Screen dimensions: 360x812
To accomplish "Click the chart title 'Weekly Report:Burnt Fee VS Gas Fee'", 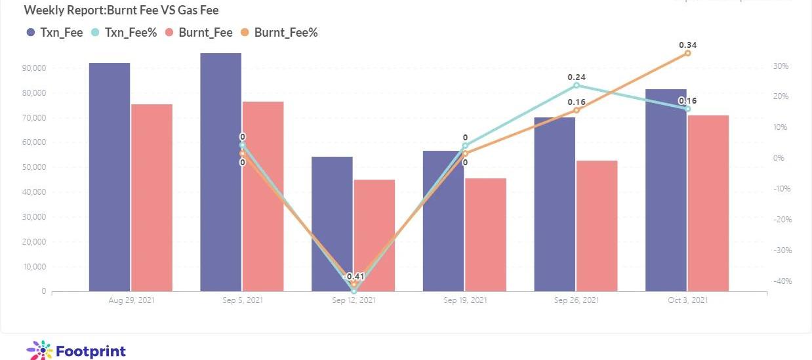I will [121, 10].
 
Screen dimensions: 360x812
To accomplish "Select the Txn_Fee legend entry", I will [55, 32].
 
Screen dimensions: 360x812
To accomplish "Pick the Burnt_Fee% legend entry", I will [279, 32].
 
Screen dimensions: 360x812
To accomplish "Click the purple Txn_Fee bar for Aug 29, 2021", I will [110, 177].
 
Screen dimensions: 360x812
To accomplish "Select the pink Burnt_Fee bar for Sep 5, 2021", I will [263, 196].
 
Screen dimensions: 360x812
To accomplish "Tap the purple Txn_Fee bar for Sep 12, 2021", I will [332, 224].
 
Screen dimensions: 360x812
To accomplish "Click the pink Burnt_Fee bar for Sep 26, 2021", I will [597, 226].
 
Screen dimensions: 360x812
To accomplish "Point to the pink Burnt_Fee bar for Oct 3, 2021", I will [708, 203].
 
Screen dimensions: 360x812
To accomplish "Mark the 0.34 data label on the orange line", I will [687, 45].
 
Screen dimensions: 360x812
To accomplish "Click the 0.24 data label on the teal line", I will [577, 77].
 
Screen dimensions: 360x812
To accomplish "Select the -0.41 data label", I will [354, 276].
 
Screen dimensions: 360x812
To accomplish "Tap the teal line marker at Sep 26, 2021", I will [577, 85].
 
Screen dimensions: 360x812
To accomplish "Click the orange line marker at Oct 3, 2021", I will [687, 53].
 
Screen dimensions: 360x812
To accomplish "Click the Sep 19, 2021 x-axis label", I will [465, 300].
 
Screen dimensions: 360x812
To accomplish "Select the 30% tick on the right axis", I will [781, 66].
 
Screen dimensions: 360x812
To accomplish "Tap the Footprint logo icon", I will [39, 350].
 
